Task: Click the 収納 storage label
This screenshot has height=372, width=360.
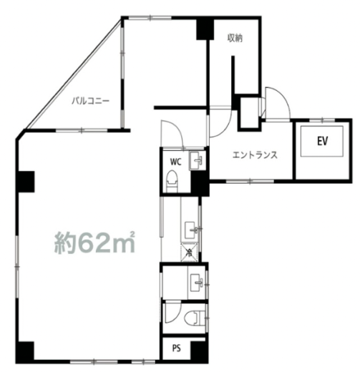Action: coord(235,38)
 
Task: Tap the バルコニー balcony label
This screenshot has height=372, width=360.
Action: coord(90,101)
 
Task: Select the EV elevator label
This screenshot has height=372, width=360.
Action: coord(322,141)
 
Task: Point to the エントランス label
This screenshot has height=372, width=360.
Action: coord(255,155)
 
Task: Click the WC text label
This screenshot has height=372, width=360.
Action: coord(175,162)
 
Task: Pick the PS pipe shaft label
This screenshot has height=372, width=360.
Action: coord(176,348)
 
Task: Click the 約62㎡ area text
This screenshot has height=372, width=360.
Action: coord(94,243)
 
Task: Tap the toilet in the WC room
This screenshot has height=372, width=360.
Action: coord(172,181)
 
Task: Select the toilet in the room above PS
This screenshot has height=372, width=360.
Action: coord(195,318)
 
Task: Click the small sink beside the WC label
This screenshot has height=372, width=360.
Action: coord(198,160)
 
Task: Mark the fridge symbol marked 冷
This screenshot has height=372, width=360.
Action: coord(190,253)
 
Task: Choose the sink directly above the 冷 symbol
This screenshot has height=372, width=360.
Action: coord(192,230)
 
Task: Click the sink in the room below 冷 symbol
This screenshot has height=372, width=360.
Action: coord(198,283)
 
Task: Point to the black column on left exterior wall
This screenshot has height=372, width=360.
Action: coord(26,182)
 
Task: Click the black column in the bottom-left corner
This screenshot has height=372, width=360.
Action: coord(25,351)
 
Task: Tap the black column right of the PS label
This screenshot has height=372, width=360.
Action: coord(199,351)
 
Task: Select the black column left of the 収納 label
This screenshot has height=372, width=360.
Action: coord(205,29)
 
